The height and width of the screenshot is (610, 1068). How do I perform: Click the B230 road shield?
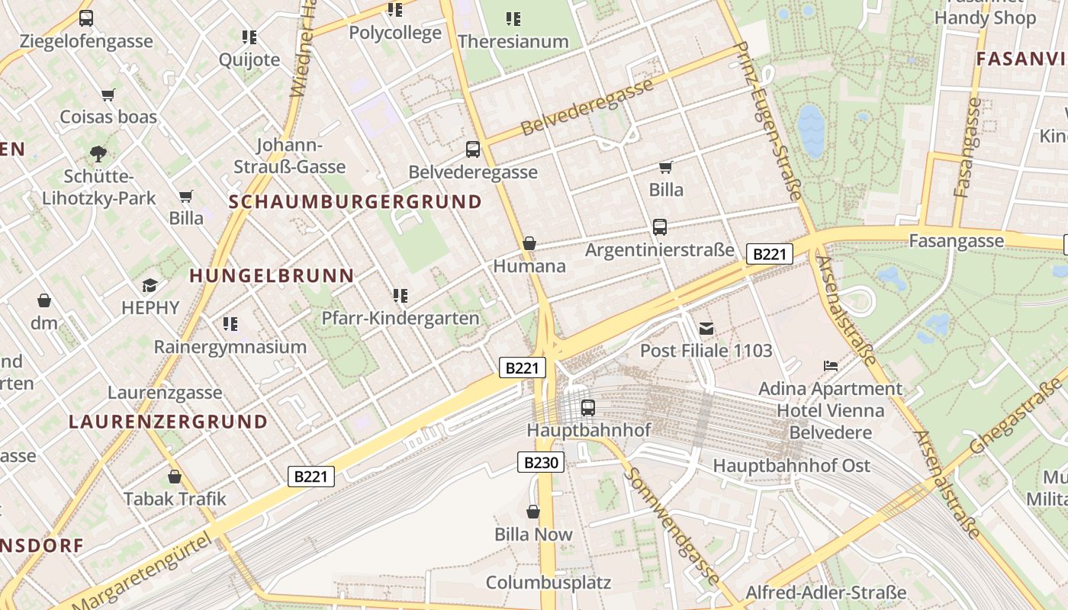click(x=541, y=462)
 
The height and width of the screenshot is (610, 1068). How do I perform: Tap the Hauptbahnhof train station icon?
click(x=587, y=408)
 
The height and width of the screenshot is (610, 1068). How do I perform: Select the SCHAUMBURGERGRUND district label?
click(x=355, y=202)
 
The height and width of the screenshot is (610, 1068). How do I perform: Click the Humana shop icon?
click(x=529, y=244)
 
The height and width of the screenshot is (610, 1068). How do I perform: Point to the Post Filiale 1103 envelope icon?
click(x=706, y=329)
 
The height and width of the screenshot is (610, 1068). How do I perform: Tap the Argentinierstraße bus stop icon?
click(x=659, y=227)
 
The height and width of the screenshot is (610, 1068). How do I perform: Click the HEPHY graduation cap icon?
click(x=150, y=286)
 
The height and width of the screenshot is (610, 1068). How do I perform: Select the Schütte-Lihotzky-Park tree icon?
click(x=98, y=154)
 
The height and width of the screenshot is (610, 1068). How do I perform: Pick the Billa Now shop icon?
click(x=533, y=512)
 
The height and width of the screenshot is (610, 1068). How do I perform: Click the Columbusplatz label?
click(x=548, y=583)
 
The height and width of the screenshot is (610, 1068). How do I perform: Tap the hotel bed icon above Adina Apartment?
click(x=831, y=367)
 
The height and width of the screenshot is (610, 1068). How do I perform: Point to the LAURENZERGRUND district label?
click(x=168, y=422)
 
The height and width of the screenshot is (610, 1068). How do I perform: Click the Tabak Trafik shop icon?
click(x=175, y=477)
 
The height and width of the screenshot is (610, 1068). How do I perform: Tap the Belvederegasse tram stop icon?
click(x=473, y=149)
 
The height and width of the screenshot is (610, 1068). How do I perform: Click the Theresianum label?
click(x=513, y=42)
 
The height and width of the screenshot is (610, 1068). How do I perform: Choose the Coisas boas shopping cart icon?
click(x=108, y=95)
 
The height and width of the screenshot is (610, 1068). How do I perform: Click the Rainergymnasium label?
click(x=230, y=347)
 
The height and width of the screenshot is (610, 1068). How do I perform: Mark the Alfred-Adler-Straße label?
click(x=825, y=592)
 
